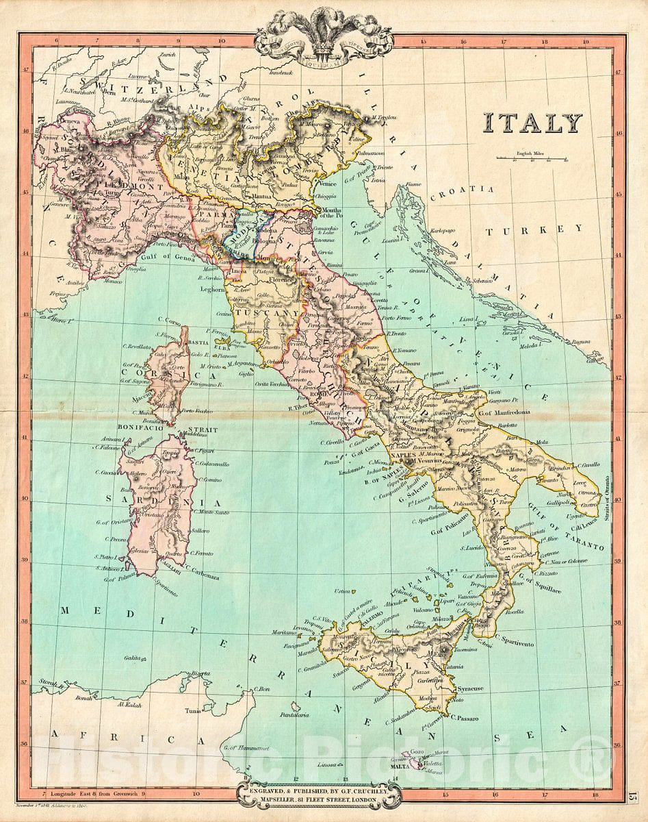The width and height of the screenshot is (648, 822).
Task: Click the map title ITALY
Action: tap(532, 123)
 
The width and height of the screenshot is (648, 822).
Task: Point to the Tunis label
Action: tap(194, 711)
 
